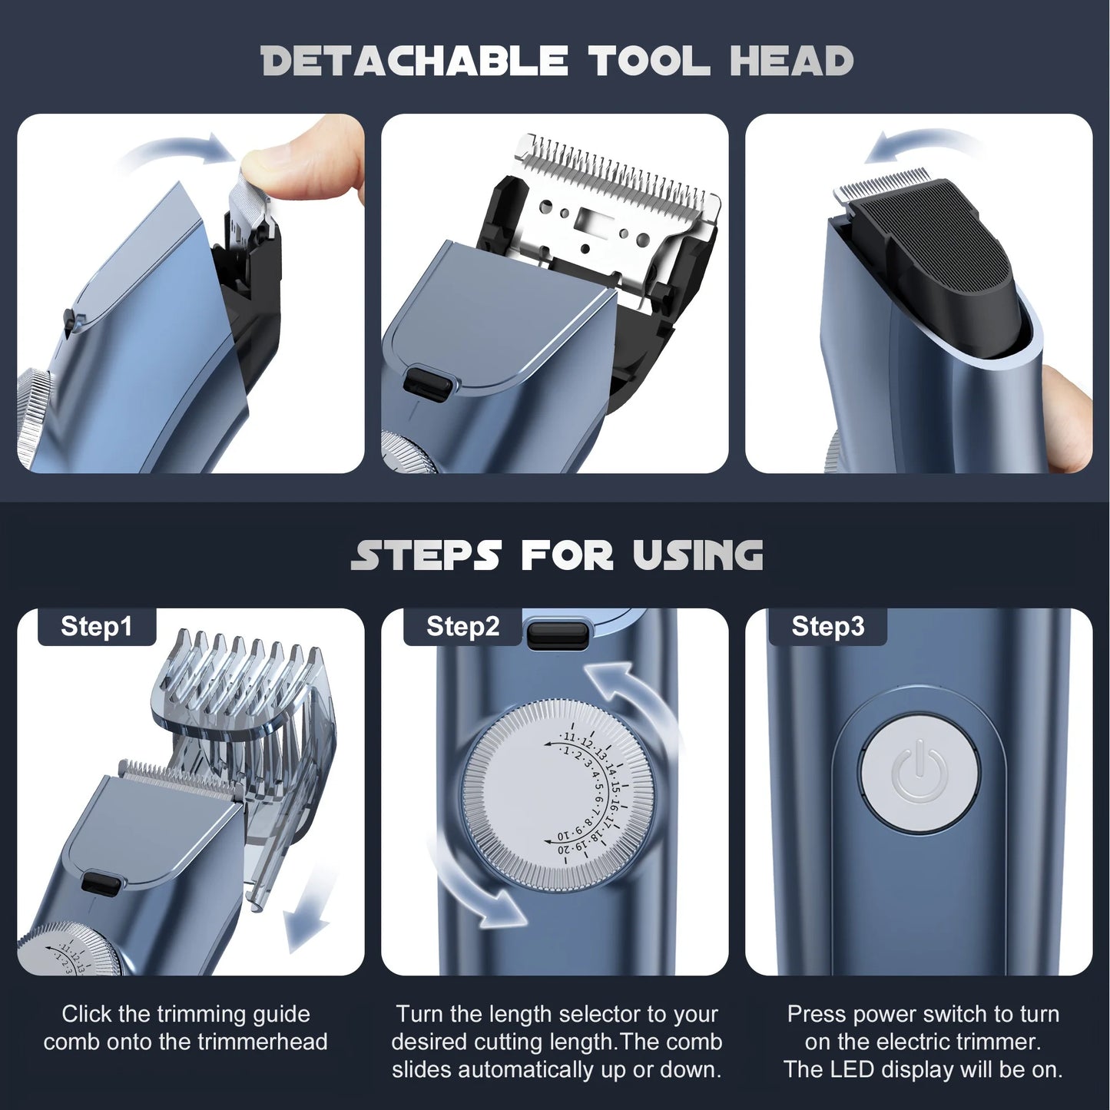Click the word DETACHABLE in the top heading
[414, 61]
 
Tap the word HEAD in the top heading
[791, 61]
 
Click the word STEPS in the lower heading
[426, 555]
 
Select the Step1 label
[97, 627]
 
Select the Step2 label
[462, 627]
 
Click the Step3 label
[827, 627]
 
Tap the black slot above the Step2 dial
[558, 635]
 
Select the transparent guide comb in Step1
[246, 707]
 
